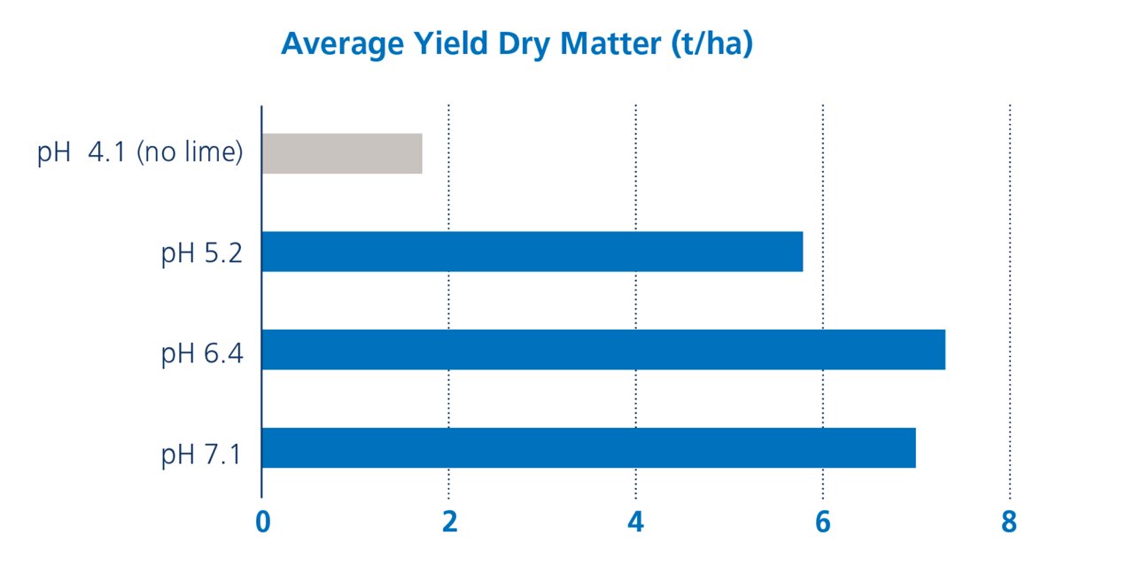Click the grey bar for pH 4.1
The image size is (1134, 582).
click(342, 153)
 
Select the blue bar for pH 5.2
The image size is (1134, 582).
click(532, 252)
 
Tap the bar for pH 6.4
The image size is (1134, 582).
click(603, 350)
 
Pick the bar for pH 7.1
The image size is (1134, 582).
click(588, 448)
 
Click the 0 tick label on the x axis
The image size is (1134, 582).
click(262, 524)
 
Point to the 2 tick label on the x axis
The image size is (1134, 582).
click(449, 524)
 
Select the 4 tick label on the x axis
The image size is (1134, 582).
click(636, 524)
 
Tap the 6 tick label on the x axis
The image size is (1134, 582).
click(823, 524)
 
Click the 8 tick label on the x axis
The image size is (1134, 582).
click(1009, 524)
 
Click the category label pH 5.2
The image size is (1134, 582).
click(202, 256)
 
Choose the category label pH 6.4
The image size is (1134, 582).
click(202, 354)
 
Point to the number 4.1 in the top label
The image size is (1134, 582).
click(107, 153)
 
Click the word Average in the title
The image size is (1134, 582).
click(330, 44)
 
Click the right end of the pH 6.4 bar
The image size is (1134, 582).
click(942, 350)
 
